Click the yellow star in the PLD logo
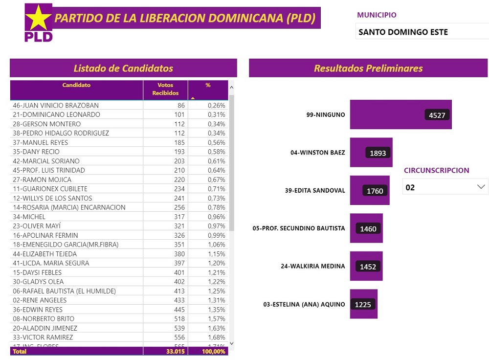point(38,19)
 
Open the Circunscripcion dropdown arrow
point(481,186)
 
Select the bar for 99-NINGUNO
point(400,114)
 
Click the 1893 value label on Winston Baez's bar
point(378,153)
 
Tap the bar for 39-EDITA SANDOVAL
point(370,190)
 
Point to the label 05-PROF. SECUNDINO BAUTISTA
point(298,228)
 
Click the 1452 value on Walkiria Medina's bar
point(368,267)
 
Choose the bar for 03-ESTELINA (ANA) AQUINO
point(363,304)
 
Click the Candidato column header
point(76,86)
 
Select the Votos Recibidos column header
point(165,89)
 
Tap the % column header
point(208,86)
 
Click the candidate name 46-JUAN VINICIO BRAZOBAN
point(56,105)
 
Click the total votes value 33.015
point(175,351)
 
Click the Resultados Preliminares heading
point(368,68)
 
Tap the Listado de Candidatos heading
point(123,68)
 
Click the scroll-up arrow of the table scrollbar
point(232,88)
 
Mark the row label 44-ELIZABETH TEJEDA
point(44,254)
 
